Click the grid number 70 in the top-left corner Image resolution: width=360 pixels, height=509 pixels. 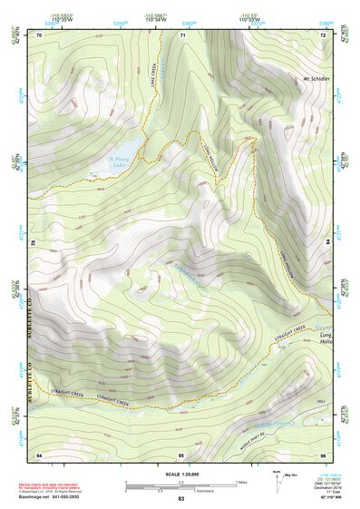tap(39, 35)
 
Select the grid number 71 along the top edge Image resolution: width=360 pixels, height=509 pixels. tap(182, 35)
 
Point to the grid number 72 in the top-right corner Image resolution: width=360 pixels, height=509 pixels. tap(322, 35)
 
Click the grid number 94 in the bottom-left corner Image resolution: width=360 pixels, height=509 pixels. tap(39, 453)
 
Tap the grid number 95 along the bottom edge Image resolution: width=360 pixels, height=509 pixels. tap(181, 453)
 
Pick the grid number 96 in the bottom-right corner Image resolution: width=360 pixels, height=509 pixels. tap(322, 453)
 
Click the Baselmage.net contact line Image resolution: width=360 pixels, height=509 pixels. tap(54, 499)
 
